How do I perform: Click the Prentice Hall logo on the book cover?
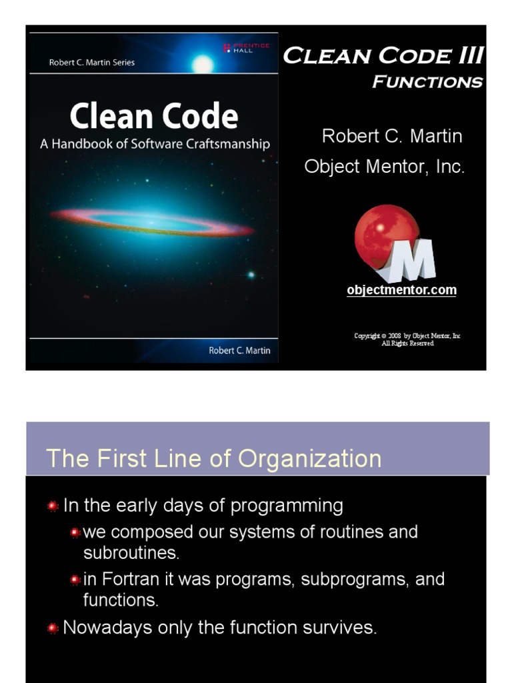coord(247,48)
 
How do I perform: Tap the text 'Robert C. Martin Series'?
coord(92,62)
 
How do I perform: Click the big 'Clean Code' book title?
coord(154,116)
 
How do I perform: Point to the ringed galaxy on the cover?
coord(152,222)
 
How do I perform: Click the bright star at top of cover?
coord(203,65)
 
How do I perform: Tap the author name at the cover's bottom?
coord(239,351)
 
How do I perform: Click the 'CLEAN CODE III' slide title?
coord(383,56)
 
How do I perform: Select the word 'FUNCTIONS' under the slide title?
coord(427,81)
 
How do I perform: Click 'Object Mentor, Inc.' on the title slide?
coord(385,166)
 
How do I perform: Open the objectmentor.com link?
coord(401,290)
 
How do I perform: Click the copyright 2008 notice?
coord(407,339)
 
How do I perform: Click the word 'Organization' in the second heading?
coord(309,459)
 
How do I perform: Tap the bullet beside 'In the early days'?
coord(53,506)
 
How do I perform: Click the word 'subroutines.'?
coord(131,553)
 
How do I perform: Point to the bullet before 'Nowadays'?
coord(53,628)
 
